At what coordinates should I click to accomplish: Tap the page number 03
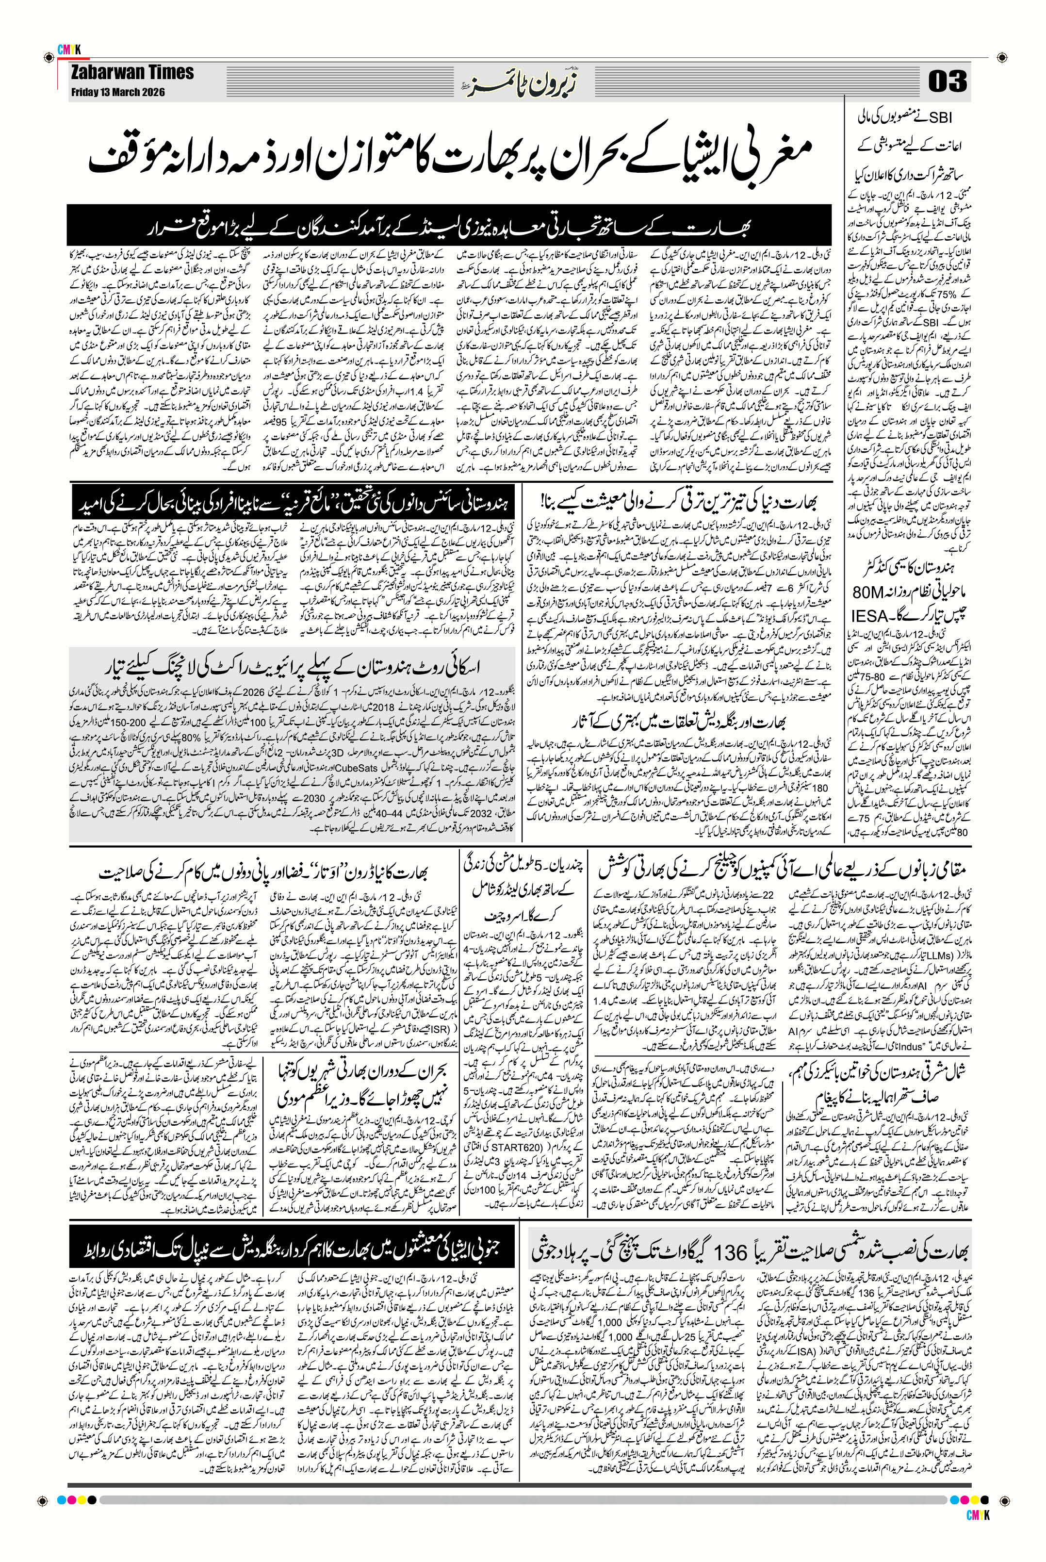947,83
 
